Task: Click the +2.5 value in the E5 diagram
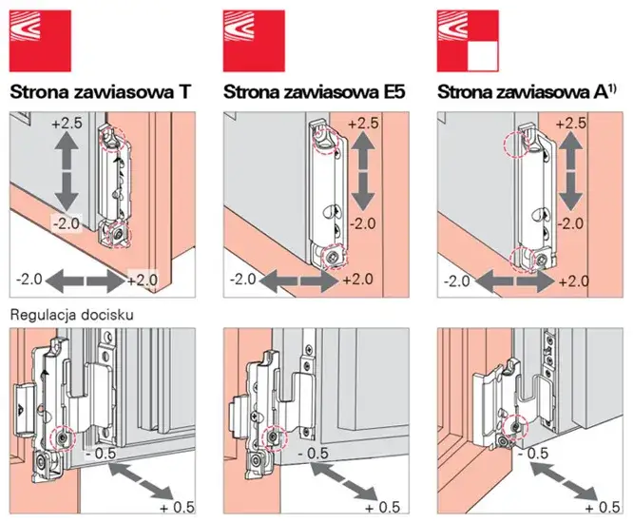point(365,125)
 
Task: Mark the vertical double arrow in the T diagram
point(66,172)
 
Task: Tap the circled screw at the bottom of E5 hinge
point(334,254)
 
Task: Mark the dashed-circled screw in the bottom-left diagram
point(63,436)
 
